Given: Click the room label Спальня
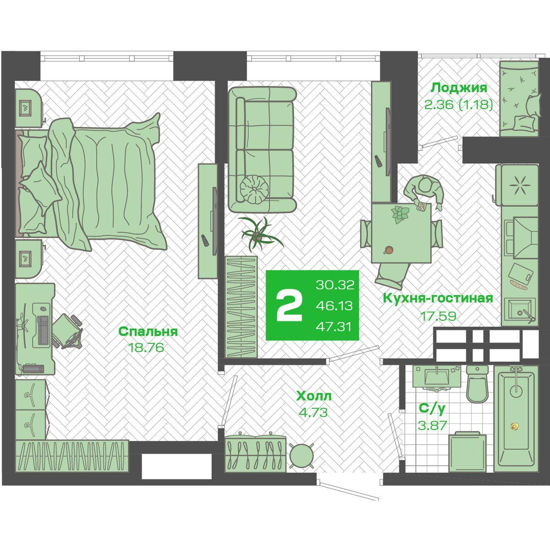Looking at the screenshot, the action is click(148, 332).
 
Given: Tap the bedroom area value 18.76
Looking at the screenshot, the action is click(146, 347).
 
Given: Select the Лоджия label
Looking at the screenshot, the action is click(459, 88).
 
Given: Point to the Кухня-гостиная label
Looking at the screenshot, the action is click(438, 298).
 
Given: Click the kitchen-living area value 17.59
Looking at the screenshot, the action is click(438, 316).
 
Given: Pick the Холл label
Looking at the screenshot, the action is click(314, 396).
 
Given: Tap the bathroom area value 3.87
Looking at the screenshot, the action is click(432, 426).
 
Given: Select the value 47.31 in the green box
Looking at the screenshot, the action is click(333, 327).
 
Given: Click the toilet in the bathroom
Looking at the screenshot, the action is click(477, 385).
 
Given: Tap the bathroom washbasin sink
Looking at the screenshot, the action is click(437, 377).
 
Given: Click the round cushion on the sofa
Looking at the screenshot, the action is click(254, 189).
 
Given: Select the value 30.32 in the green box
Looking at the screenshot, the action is click(335, 285).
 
